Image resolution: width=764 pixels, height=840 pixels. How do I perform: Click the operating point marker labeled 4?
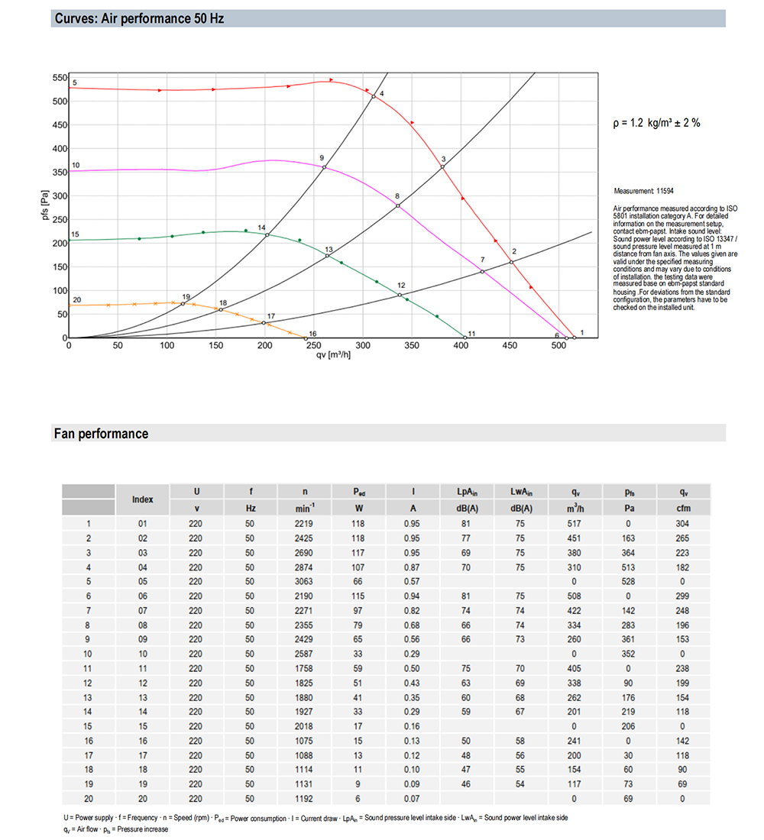[374, 96]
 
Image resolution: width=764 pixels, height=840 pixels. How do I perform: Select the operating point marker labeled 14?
[267, 234]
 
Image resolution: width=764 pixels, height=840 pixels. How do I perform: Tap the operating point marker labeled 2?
[510, 262]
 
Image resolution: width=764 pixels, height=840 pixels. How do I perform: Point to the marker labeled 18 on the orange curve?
[221, 309]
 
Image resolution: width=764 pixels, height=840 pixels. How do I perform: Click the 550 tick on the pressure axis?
[60, 78]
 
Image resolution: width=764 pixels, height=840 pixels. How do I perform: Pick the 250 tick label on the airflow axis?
[314, 346]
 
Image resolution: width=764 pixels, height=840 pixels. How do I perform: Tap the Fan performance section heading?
[101, 434]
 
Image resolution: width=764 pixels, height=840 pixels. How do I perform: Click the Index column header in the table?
[143, 499]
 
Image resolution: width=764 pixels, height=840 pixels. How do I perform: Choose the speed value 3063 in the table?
[306, 581]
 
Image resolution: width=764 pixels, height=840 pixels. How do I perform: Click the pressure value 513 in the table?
[629, 567]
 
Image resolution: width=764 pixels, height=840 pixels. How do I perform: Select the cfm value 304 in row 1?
[682, 524]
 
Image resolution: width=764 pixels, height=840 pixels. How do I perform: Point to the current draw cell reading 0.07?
[413, 798]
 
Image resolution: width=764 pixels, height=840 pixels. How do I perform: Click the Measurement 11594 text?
[644, 191]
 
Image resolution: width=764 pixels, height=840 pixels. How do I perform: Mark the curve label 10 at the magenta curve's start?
[76, 165]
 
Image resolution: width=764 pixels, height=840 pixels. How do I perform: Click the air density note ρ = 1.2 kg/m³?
[656, 123]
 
